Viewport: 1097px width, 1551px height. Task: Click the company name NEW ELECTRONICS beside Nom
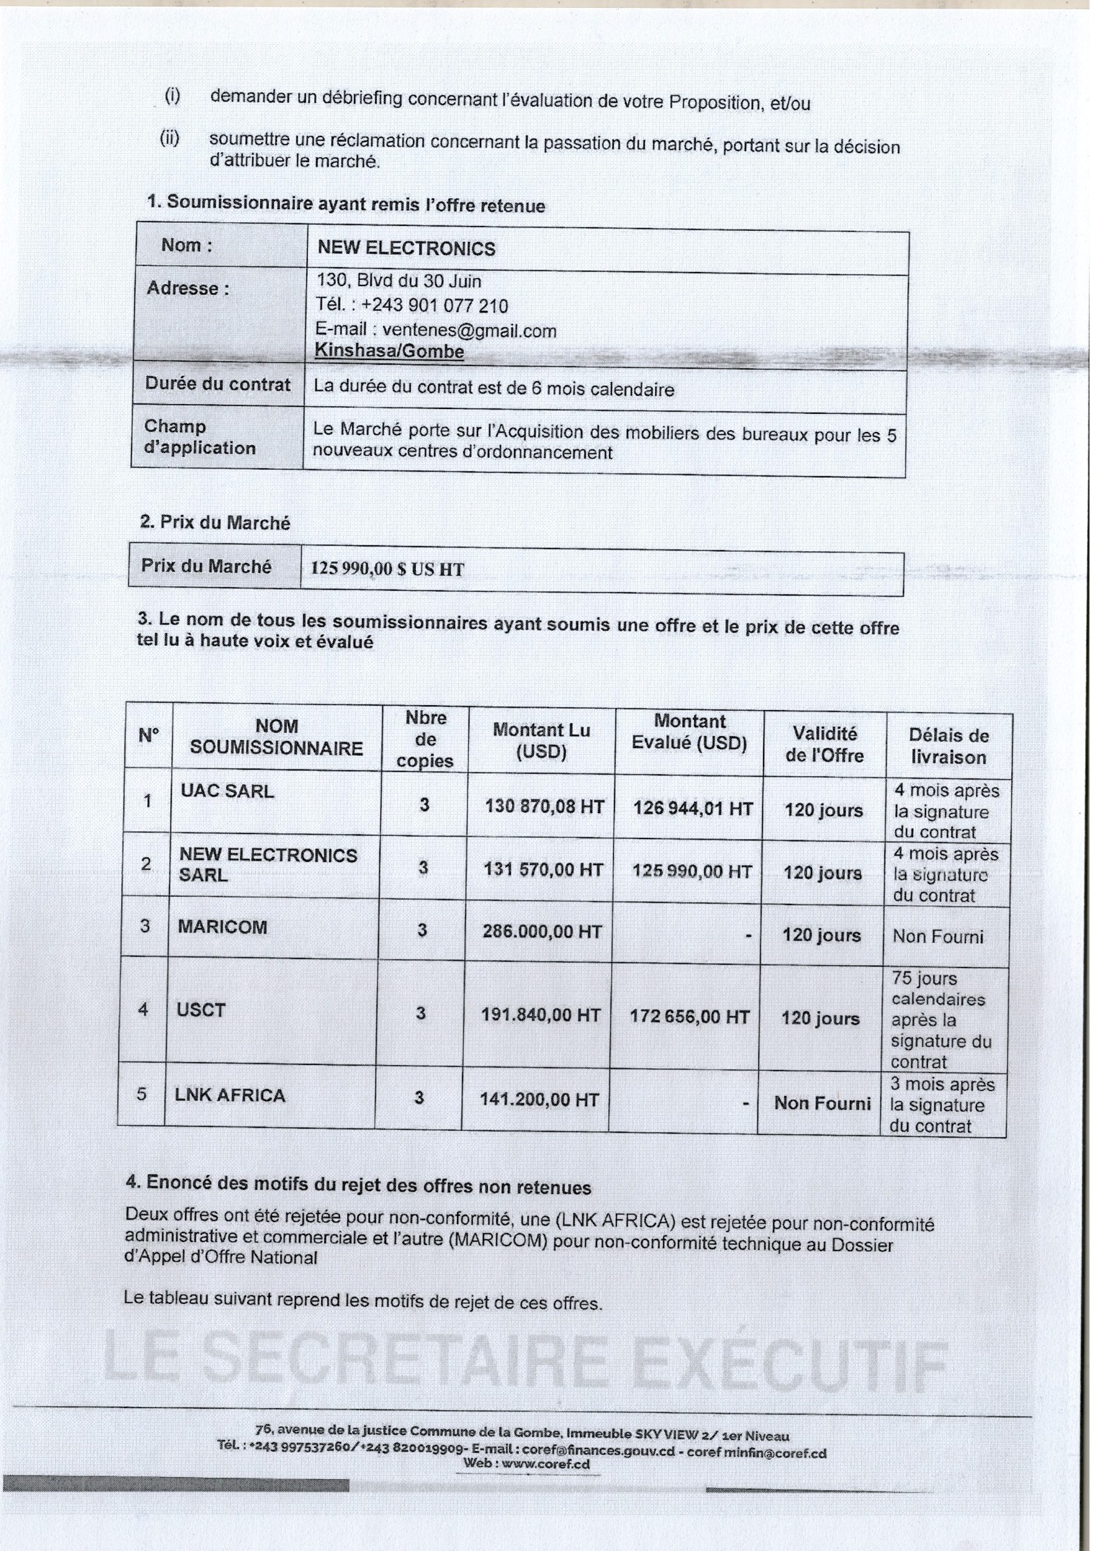coord(406,248)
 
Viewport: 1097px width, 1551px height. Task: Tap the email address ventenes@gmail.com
coord(469,330)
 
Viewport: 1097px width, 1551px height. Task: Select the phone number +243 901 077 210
coord(435,306)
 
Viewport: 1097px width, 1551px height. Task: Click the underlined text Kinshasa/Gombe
coord(389,351)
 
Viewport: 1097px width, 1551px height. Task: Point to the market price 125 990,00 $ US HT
coord(387,570)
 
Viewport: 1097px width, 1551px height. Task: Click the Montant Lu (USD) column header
coord(541,740)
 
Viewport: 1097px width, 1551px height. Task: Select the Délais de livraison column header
coord(949,746)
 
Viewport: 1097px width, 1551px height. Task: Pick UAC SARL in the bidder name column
coord(227,791)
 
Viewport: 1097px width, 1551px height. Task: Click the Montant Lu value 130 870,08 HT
coord(544,806)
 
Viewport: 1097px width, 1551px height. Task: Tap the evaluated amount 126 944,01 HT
coord(693,809)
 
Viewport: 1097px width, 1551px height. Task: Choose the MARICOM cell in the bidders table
coord(222,927)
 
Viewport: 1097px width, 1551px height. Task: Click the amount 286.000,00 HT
coord(542,932)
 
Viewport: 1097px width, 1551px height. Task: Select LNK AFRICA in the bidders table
coord(230,1095)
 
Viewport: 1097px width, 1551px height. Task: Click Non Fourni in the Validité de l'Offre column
coord(822,1103)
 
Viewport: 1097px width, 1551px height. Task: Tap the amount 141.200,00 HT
coord(539,1100)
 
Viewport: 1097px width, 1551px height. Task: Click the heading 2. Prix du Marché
coord(215,522)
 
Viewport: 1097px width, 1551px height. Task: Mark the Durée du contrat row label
coord(218,384)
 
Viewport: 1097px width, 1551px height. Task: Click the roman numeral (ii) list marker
coord(170,139)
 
